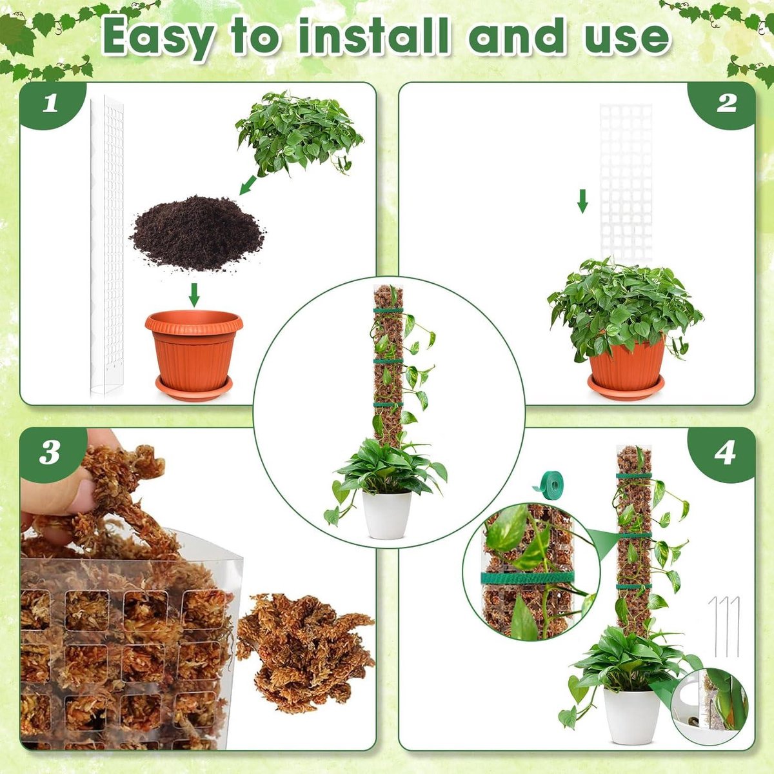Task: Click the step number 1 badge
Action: point(50,104)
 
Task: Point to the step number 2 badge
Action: point(726,104)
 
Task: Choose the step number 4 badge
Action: point(725,454)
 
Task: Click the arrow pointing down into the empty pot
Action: point(194,294)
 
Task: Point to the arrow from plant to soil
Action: point(248,184)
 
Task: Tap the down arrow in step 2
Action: point(582,201)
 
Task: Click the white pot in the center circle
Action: point(386,515)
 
